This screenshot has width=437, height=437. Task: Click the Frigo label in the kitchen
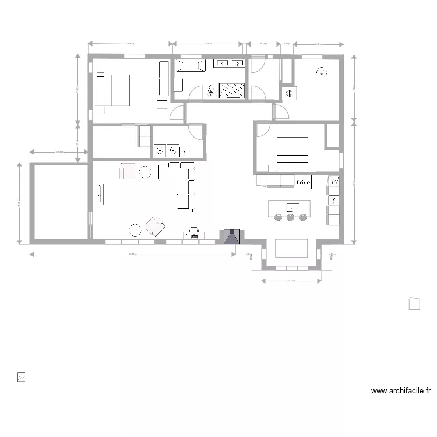pos(302,183)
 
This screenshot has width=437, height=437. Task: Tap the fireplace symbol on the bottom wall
pos(232,236)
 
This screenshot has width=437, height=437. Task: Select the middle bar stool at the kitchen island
pos(291,217)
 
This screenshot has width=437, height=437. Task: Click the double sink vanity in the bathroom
pos(230,63)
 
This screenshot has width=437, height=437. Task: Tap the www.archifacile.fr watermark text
pos(400,391)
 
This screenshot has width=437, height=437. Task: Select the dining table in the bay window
pos(291,248)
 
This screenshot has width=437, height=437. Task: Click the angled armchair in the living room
pos(156,226)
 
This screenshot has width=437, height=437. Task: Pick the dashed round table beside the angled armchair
pos(136,230)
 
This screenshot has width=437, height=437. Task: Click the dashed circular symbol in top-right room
pos(321,73)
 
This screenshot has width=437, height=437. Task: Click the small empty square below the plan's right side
pos(414,304)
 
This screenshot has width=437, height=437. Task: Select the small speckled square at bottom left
pos(22,377)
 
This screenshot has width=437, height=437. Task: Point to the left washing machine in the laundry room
pos(159,150)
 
